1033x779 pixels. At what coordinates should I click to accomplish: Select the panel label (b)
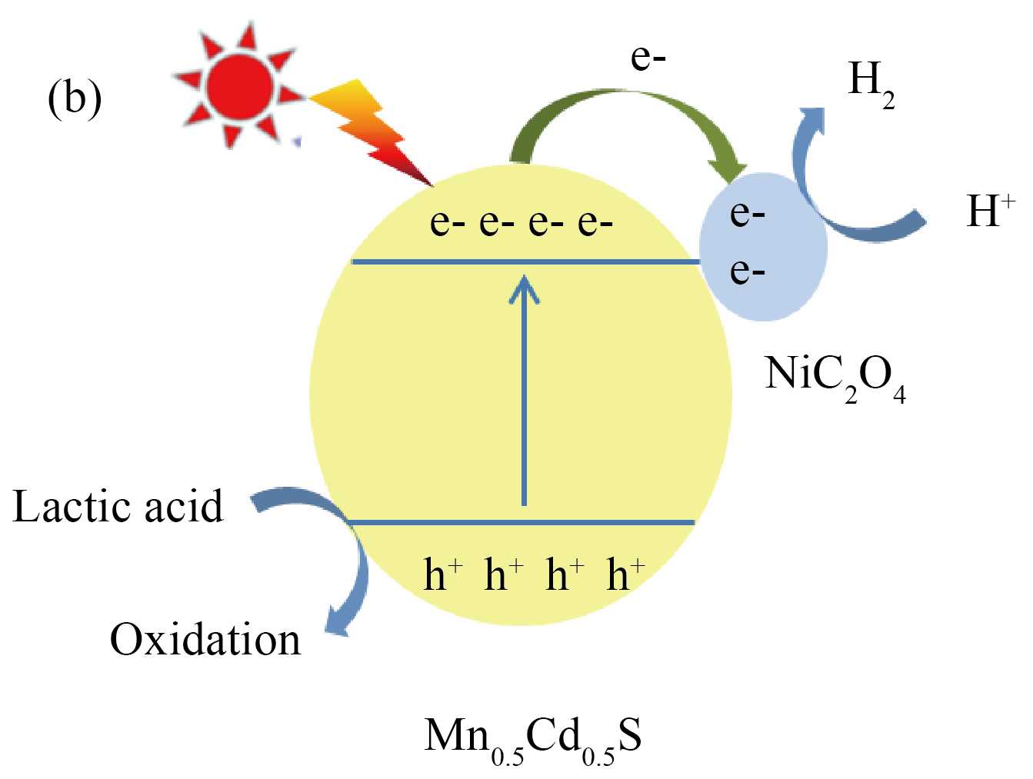click(x=75, y=98)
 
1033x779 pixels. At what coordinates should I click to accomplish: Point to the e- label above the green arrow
click(x=648, y=58)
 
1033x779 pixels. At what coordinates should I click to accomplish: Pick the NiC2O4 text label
click(x=835, y=377)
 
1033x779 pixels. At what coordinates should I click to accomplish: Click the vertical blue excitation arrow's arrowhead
click(x=525, y=288)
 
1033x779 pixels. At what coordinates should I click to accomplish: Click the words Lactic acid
click(x=118, y=507)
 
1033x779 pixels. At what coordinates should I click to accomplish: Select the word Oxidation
click(x=205, y=640)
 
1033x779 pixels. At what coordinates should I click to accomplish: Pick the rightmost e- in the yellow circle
click(x=595, y=222)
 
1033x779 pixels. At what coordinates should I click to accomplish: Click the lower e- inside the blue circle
click(x=747, y=270)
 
